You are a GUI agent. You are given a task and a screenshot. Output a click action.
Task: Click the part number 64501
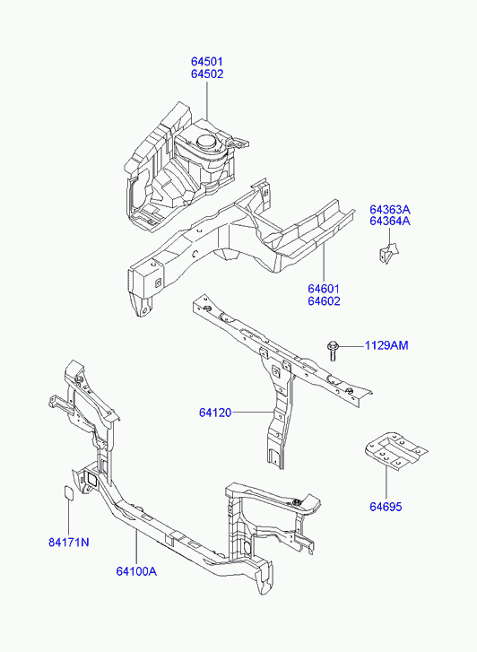pyautogui.click(x=207, y=62)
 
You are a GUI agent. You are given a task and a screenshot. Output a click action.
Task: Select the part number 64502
pyautogui.click(x=207, y=74)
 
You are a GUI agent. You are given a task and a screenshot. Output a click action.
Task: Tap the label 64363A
pyautogui.click(x=390, y=209)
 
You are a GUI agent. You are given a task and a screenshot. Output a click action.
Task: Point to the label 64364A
pyautogui.click(x=390, y=221)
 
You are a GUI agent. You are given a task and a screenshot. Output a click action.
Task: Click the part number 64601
pyautogui.click(x=324, y=289)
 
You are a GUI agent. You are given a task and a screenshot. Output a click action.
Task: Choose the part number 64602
pyautogui.click(x=324, y=301)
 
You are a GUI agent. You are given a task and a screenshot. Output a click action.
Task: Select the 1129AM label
pyautogui.click(x=386, y=345)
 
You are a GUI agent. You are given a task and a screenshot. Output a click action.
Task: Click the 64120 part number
pyautogui.click(x=215, y=413)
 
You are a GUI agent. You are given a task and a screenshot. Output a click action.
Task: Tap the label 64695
pyautogui.click(x=386, y=507)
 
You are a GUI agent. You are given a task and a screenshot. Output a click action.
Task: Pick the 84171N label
pyautogui.click(x=69, y=543)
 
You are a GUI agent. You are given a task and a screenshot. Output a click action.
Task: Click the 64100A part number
pyautogui.click(x=136, y=571)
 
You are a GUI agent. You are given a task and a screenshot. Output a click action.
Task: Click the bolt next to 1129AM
pyautogui.click(x=333, y=350)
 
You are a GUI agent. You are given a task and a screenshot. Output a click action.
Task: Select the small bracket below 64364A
pyautogui.click(x=388, y=253)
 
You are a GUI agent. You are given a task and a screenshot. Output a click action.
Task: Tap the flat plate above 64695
pyautogui.click(x=395, y=451)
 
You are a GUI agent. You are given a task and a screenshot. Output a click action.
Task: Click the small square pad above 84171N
pyautogui.click(x=69, y=492)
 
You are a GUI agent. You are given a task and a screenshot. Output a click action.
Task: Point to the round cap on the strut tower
pyautogui.click(x=207, y=142)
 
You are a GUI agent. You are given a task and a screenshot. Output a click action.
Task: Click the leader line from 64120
pyautogui.click(x=253, y=413)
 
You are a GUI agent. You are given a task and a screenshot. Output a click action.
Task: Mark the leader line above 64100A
pyautogui.click(x=136, y=547)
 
